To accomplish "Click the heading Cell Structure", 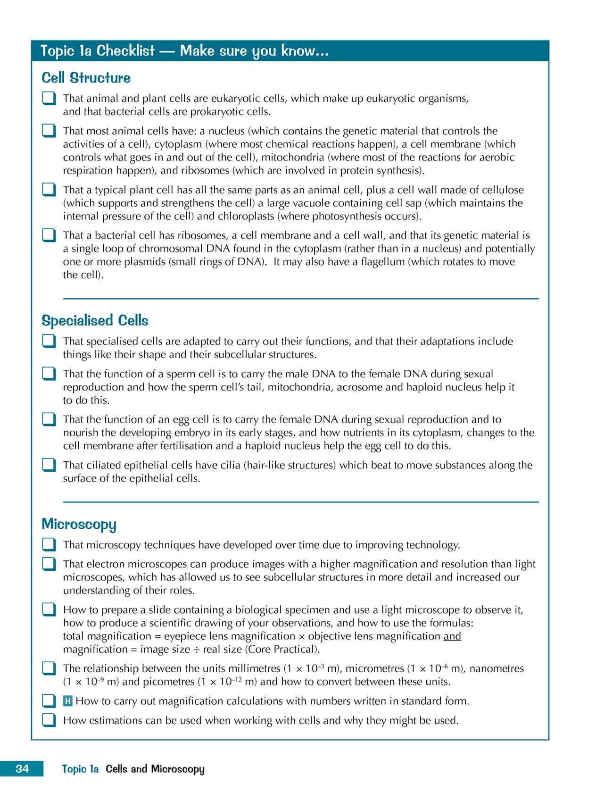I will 86,78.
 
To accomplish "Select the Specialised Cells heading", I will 95,321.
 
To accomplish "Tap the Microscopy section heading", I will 79,524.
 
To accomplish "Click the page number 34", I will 22,768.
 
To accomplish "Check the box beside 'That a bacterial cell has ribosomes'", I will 49,235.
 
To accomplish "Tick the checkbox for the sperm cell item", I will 49,374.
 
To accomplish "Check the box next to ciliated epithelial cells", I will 49,465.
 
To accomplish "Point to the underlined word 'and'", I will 452,636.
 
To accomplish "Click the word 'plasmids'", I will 145,262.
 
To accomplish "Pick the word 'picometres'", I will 168,682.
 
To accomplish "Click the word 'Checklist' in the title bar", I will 125,50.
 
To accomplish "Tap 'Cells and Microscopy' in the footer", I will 155,769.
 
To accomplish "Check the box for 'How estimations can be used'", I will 49,720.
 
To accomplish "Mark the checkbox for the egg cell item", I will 49,420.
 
